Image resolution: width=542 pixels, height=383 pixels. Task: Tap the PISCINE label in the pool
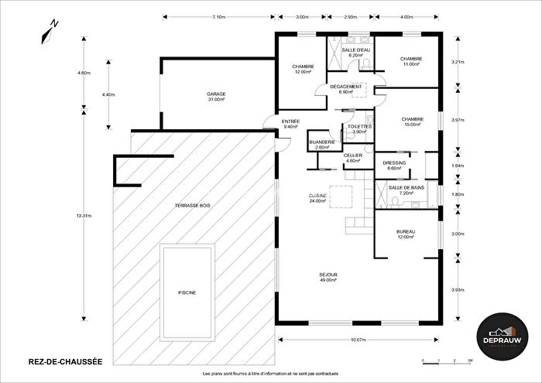point(187,292)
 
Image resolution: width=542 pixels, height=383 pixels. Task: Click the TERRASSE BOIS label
point(194,205)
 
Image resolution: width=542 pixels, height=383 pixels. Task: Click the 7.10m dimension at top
point(218,16)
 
